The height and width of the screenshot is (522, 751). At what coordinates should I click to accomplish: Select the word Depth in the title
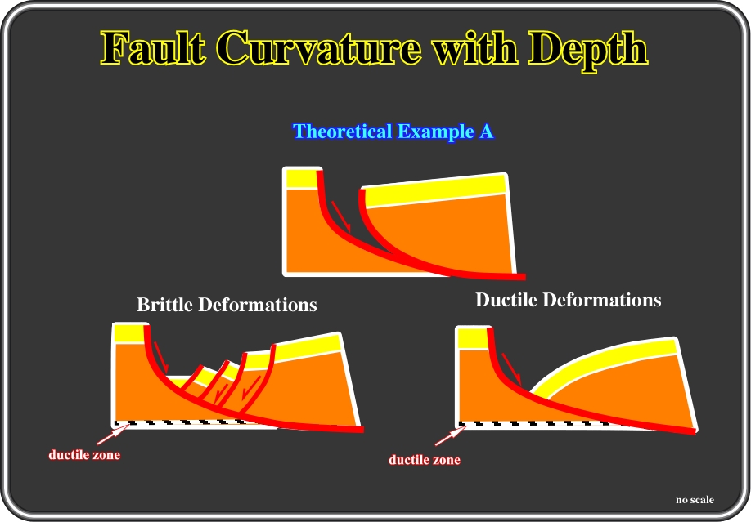pos(588,50)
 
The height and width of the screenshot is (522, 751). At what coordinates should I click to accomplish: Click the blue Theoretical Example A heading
pos(393,131)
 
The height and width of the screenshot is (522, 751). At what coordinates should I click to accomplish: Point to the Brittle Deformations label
pos(227,305)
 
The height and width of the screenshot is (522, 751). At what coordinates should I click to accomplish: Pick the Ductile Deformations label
pos(568,300)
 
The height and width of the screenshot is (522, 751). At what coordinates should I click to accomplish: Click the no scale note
pos(695,499)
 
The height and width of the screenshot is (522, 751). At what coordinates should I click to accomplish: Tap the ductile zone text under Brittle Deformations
pos(84,454)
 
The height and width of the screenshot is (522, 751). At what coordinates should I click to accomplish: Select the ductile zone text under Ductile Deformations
pos(425,460)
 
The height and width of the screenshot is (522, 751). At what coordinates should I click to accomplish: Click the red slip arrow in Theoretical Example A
pos(341,216)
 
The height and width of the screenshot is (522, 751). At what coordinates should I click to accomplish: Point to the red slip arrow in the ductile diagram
pos(511,369)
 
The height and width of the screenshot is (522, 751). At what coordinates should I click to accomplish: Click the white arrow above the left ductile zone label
pos(113,435)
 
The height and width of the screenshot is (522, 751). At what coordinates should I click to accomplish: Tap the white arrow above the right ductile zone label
pos(451,435)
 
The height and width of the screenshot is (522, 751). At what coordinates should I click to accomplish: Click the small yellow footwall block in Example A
pos(302,178)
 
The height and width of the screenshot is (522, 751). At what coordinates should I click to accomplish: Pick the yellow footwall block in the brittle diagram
pos(129,333)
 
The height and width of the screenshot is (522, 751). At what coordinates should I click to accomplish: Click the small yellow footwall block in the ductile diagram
pos(473,339)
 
